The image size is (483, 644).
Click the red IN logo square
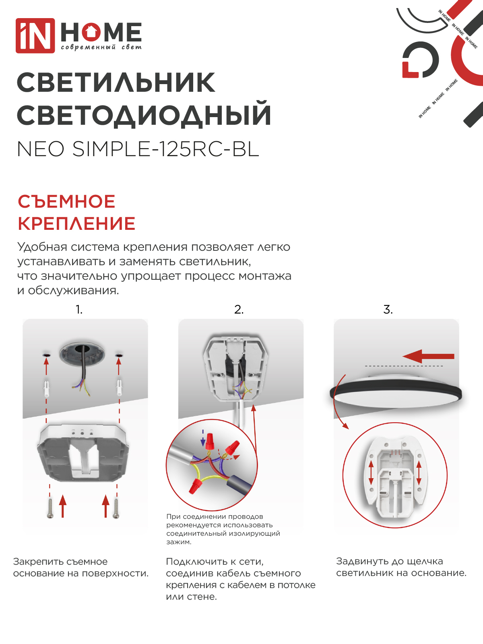(x=35, y=35)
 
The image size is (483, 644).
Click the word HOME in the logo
(x=101, y=32)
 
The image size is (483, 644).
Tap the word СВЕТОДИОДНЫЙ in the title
(x=144, y=115)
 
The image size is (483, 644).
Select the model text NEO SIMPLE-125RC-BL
(x=138, y=149)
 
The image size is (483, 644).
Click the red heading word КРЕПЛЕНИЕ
(x=76, y=224)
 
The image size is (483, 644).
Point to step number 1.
(x=79, y=310)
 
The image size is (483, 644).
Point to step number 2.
(x=239, y=310)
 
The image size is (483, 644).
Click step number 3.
(x=388, y=310)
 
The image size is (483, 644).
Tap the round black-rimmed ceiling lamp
(x=396, y=392)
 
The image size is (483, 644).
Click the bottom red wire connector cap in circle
(x=195, y=486)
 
